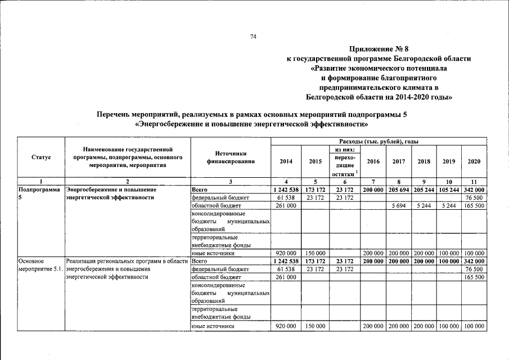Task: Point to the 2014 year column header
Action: (286, 161)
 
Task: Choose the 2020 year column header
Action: (474, 161)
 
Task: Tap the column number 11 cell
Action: (474, 181)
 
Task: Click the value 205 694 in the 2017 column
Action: (399, 190)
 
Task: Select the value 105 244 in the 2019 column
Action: (449, 190)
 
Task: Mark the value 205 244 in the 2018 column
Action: (424, 190)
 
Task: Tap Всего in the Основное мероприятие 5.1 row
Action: (200, 261)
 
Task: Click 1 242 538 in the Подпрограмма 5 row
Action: (286, 190)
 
